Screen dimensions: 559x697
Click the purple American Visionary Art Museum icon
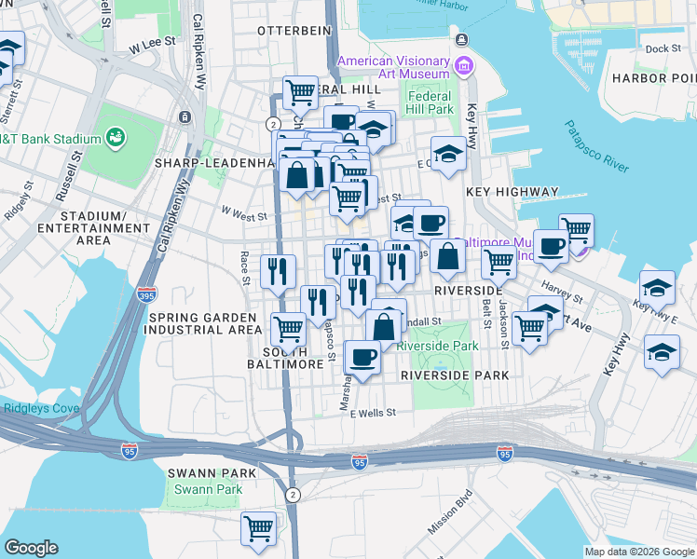click(462, 66)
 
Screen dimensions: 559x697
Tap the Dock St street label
click(663, 48)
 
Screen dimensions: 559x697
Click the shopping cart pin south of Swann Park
click(258, 527)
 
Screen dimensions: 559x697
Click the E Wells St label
click(374, 412)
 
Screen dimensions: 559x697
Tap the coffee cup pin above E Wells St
click(362, 356)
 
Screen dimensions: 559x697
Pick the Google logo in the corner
click(31, 547)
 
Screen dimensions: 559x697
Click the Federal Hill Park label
click(430, 102)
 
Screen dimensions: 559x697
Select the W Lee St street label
click(153, 44)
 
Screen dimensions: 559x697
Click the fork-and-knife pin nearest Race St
click(278, 271)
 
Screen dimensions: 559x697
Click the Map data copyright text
click(637, 551)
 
